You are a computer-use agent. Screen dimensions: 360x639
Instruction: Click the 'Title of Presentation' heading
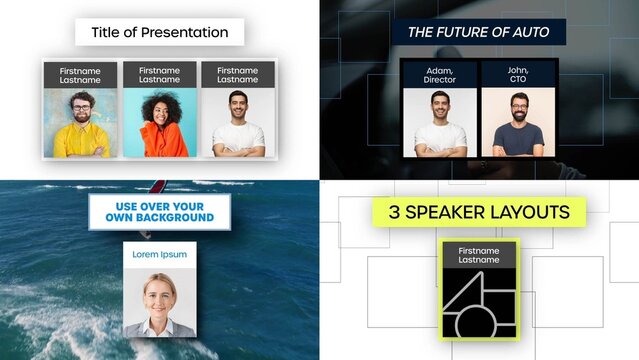(x=159, y=32)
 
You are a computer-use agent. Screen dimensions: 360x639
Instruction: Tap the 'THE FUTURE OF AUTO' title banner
(x=478, y=32)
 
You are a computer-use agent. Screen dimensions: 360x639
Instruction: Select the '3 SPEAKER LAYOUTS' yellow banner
(x=479, y=211)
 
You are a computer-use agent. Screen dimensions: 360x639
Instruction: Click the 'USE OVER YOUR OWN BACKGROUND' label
(x=158, y=211)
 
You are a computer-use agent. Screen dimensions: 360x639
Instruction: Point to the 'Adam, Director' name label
(x=440, y=73)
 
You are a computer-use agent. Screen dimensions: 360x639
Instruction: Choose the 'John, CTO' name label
(x=518, y=73)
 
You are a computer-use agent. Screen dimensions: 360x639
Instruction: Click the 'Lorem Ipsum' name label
(x=159, y=254)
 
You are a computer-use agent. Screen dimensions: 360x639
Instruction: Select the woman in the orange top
(x=159, y=125)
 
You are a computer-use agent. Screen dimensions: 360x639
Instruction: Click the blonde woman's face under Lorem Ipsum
(x=159, y=293)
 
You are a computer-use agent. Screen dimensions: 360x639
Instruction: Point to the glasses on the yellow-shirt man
(x=81, y=105)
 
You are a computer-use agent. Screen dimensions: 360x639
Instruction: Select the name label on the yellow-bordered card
(x=478, y=254)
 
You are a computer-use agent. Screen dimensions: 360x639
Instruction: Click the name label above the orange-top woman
(x=159, y=75)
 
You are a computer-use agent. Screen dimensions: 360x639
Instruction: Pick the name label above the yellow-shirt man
(x=81, y=75)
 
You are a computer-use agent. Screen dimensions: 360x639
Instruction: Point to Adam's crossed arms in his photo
(x=440, y=146)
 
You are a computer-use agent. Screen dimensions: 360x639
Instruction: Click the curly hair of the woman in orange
(x=159, y=97)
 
